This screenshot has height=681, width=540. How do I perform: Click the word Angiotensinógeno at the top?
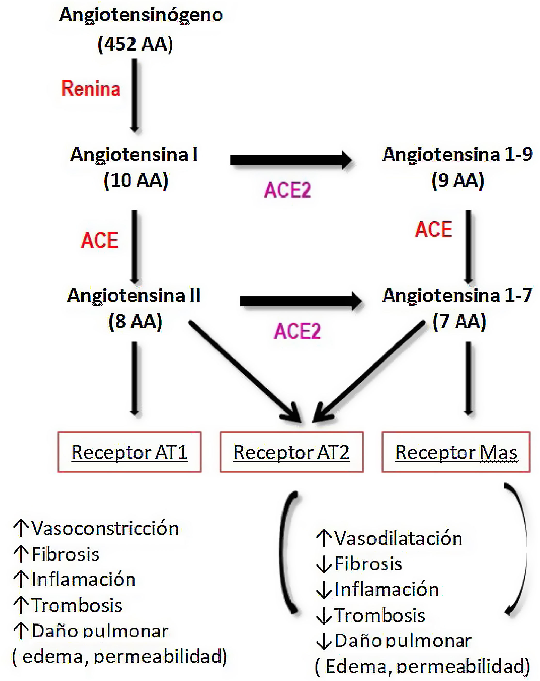tap(141, 15)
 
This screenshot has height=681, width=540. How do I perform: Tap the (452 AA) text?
tap(135, 44)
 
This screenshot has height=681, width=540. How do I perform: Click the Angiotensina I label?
tap(134, 155)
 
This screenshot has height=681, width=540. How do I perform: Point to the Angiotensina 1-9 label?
tap(457, 155)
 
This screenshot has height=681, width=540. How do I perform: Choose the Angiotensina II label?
tap(134, 296)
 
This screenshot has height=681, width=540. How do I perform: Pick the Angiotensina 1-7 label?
tap(457, 296)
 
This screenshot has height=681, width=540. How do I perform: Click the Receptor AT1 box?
tap(129, 452)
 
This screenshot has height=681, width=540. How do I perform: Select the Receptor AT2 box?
tap(292, 452)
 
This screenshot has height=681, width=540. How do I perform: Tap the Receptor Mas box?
tap(456, 452)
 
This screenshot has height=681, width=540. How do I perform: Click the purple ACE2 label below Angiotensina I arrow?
tap(288, 190)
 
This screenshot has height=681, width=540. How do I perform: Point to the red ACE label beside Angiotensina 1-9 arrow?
tap(433, 229)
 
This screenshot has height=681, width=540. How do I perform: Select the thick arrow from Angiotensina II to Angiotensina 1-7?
tap(300, 301)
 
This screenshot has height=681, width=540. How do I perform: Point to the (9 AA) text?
tap(458, 180)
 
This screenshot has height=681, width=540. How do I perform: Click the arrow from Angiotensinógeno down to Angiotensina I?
tap(135, 95)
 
